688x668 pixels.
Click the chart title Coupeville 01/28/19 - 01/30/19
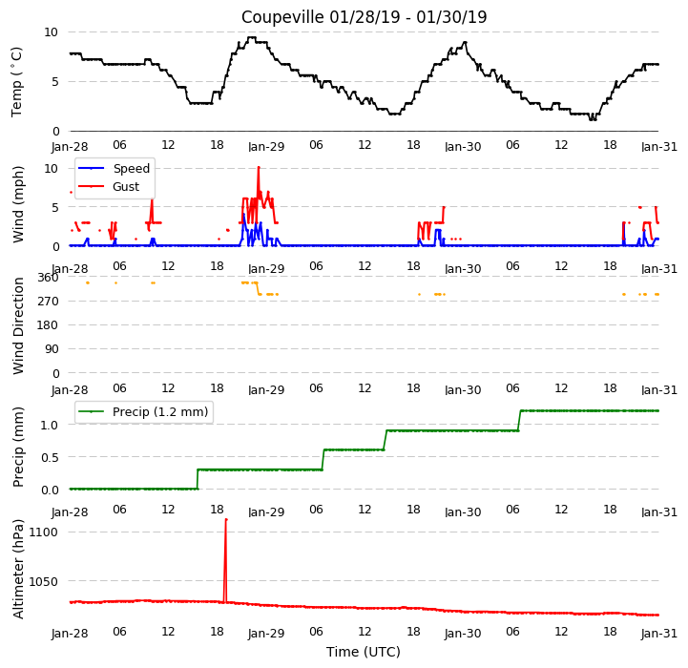click(364, 17)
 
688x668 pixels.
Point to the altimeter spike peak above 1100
click(226, 520)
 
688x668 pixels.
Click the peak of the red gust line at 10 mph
click(259, 168)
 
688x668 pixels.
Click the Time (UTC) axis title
click(364, 652)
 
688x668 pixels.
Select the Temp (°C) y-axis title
click(16, 82)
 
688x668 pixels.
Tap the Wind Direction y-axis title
click(18, 325)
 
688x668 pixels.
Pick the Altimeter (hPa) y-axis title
click(18, 569)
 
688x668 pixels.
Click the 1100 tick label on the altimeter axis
click(43, 532)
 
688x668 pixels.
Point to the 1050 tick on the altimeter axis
click(43, 581)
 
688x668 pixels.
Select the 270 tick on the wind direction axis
click(48, 302)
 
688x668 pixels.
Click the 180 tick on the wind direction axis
click(48, 325)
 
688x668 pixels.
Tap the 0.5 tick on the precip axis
click(50, 457)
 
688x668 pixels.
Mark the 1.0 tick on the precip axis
click(50, 425)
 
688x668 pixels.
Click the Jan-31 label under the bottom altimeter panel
click(659, 633)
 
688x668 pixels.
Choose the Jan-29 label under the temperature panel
click(266, 146)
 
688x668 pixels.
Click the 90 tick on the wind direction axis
click(52, 349)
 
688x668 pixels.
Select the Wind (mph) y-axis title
click(18, 204)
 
